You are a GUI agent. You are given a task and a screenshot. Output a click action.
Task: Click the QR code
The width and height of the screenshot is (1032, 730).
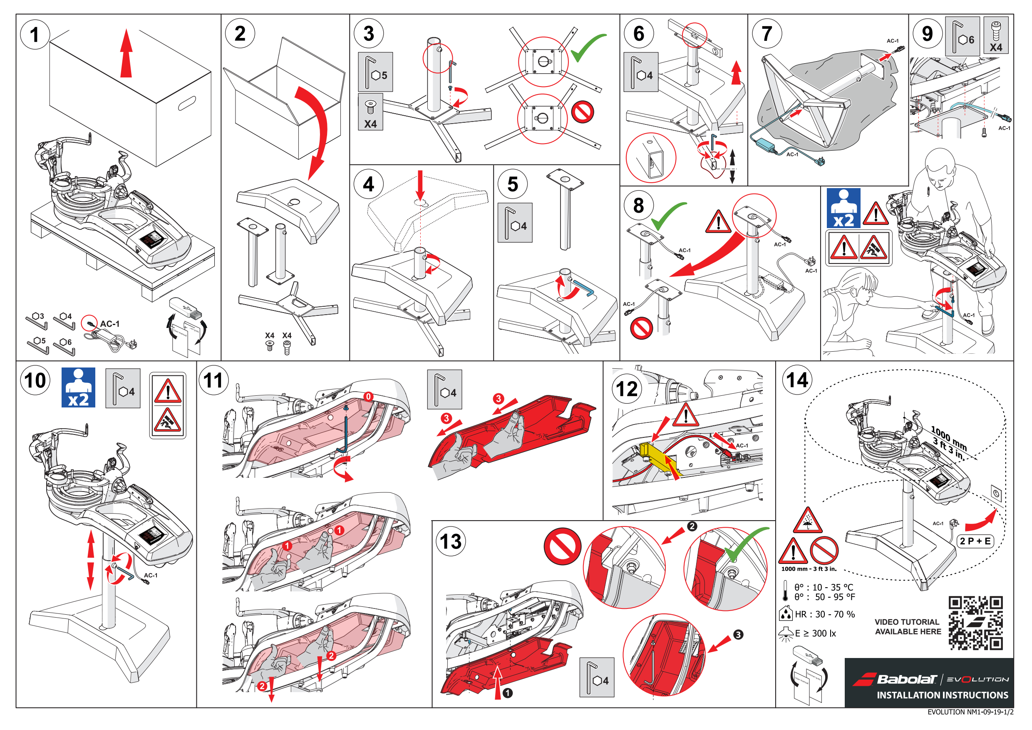tap(975, 623)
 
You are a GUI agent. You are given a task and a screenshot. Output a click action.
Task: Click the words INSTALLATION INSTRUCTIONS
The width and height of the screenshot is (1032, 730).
tap(942, 695)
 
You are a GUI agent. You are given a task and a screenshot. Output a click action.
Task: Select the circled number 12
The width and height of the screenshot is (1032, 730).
tap(627, 389)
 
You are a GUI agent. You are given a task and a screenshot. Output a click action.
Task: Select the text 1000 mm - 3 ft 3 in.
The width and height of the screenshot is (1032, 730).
tap(809, 569)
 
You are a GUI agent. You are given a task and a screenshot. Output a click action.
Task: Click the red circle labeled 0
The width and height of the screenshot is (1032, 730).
tap(368, 396)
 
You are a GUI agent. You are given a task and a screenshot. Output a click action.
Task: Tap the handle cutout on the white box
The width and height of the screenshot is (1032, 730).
tap(186, 103)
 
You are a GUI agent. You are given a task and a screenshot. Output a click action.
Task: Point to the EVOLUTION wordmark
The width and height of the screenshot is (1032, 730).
tap(977, 679)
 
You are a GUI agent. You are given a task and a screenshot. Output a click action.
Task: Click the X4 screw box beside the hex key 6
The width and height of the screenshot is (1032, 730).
tap(996, 36)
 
